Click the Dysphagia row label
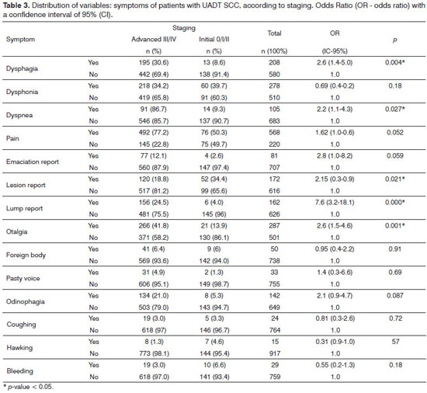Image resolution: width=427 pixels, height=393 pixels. [22, 68]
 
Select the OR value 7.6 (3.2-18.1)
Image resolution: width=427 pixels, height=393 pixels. [335, 203]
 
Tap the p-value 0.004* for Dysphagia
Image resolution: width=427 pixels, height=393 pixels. [395, 63]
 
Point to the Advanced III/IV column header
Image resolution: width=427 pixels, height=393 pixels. [154, 39]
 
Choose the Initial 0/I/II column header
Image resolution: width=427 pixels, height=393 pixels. [214, 39]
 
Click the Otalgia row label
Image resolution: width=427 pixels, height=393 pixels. [16, 231]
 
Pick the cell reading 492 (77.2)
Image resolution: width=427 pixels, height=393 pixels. [154, 133]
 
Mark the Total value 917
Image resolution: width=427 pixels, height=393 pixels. [275, 353]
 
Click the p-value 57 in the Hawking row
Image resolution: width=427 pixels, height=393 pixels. [395, 342]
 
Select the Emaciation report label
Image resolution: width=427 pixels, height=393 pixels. [33, 162]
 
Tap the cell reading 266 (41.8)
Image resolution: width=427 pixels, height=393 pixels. [154, 226]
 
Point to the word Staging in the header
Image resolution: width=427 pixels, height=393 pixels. [184, 28]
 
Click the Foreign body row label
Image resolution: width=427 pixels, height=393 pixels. [26, 256]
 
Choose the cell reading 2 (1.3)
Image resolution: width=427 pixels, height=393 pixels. [213, 273]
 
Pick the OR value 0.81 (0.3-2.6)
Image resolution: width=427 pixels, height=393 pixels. [335, 318]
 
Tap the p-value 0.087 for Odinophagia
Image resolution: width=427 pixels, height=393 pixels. [395, 295]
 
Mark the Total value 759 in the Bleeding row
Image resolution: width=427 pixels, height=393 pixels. [275, 377]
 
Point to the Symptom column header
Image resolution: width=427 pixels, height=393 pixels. [20, 39]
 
